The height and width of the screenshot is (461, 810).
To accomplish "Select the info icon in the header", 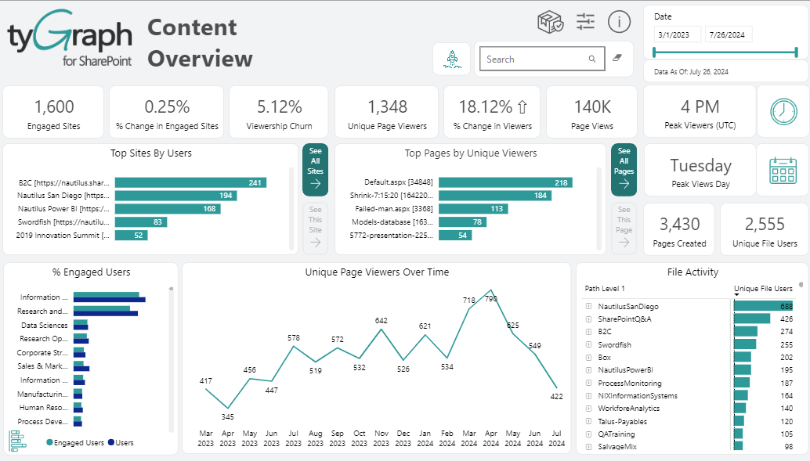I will coord(619,22).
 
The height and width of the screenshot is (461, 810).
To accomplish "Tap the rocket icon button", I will coord(452,59).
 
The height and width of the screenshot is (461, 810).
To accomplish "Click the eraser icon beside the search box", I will coord(617,59).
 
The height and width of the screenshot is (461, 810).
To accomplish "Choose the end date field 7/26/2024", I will coord(729,34).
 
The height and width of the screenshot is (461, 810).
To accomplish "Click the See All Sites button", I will coord(315,169).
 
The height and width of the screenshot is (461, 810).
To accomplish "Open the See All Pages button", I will coord(624,169).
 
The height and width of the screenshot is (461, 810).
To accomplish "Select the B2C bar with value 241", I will coord(190,182).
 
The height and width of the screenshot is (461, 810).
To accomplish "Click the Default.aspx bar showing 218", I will coord(505,182).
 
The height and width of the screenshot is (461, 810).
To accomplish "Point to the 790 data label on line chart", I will coord(491,299).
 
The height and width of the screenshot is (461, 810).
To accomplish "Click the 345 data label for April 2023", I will coord(227,416).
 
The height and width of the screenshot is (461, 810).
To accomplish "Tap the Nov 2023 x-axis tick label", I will coord(381,438).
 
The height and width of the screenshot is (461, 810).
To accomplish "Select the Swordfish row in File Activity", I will coord(614,344).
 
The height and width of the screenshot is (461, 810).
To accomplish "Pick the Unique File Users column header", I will coord(763,289).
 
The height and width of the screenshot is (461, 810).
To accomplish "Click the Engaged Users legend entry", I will coord(75,443).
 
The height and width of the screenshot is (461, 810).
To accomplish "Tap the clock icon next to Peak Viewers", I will coord(783,111).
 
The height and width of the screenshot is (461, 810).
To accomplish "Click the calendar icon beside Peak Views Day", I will coord(783,170).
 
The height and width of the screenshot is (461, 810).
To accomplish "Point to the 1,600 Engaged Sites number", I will coord(54,107).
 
